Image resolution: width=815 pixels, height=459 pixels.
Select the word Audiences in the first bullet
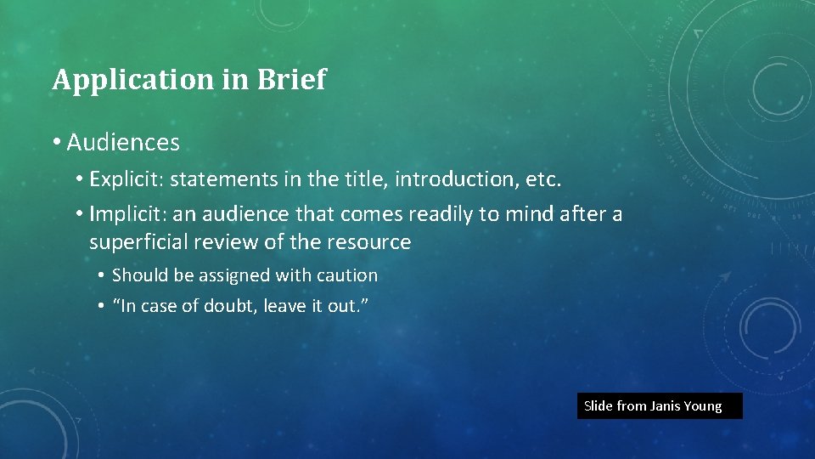[123, 143]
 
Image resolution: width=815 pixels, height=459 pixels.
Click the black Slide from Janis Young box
[660, 405]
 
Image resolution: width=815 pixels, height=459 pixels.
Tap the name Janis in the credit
[667, 406]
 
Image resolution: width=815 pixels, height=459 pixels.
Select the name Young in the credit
[705, 406]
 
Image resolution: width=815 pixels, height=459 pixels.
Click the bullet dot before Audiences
[56, 143]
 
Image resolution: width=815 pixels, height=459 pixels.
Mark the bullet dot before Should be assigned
[100, 275]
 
